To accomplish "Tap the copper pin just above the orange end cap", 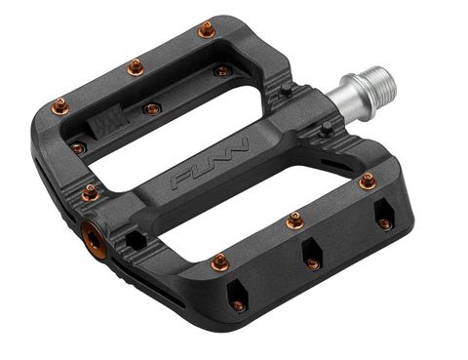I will pos(90,192).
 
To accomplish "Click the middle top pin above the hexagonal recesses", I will pos(295,221).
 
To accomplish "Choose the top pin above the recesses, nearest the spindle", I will pos(367,180).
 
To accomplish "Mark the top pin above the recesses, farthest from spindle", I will pos(219,261).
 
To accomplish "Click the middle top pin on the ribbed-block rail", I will pos(135,67).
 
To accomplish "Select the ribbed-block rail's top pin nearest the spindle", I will pos(206,31).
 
